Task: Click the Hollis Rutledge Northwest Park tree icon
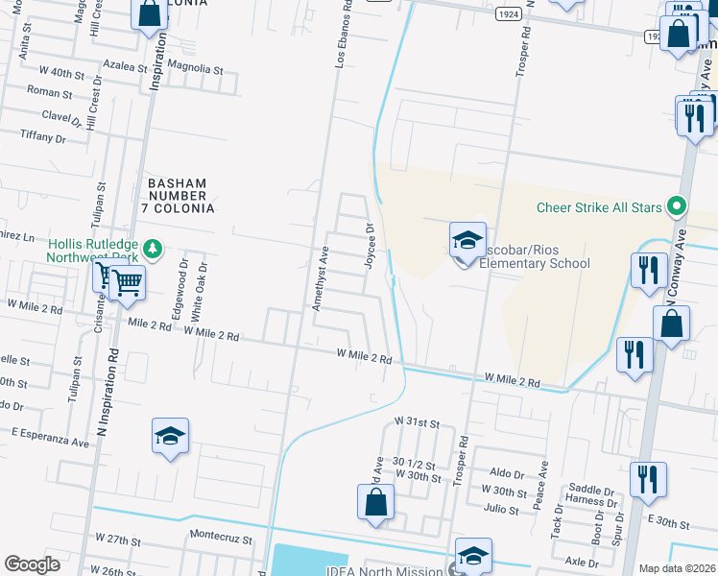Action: click(152, 250)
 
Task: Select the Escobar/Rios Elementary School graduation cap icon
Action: click(467, 240)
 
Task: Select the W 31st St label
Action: click(417, 422)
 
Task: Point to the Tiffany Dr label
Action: click(42, 138)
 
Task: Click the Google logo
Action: click(33, 564)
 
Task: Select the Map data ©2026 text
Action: click(677, 568)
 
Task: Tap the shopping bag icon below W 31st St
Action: click(375, 502)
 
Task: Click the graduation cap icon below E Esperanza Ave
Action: click(170, 437)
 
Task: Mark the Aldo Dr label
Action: click(507, 474)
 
